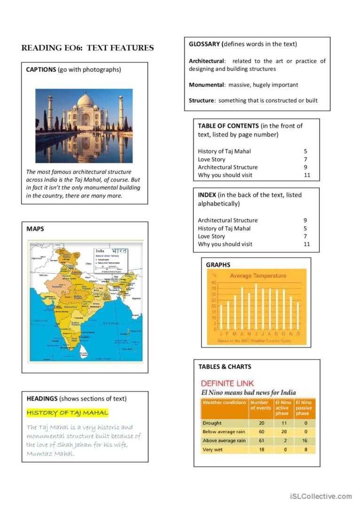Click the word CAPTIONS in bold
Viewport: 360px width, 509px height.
tap(41, 70)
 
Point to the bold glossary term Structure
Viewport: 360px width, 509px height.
tap(202, 100)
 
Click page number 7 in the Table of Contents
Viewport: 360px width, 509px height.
tap(305, 160)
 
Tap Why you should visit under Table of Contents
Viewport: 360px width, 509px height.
tap(225, 175)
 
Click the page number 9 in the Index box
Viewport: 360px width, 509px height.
tap(305, 220)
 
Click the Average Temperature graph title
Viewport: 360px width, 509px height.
tap(258, 276)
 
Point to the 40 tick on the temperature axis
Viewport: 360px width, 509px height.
tap(214, 283)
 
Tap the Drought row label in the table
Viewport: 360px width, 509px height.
tap(213, 423)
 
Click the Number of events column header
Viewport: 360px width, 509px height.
tap(260, 405)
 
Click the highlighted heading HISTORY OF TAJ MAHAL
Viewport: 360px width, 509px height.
tap(67, 413)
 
